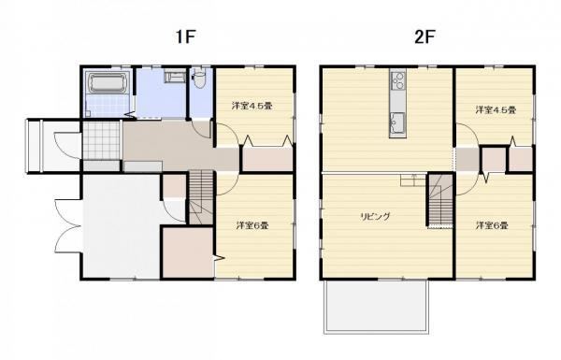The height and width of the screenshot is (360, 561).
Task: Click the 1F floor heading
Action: (x=186, y=36)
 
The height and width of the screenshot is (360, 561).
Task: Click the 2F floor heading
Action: (x=424, y=36)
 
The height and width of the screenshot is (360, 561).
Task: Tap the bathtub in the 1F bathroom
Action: (x=107, y=83)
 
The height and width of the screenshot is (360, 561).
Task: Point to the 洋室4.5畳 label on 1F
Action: (x=252, y=106)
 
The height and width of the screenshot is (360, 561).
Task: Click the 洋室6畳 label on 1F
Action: (x=252, y=225)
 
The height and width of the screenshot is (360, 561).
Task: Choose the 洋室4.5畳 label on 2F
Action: (x=496, y=109)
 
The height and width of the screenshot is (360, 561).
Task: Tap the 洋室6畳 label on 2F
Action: (x=492, y=225)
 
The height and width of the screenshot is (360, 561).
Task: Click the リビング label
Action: (x=375, y=217)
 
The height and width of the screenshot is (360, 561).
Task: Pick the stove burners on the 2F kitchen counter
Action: (x=398, y=80)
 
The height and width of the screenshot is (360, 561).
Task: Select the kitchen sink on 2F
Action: (x=397, y=123)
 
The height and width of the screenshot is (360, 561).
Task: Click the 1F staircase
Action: (x=201, y=197)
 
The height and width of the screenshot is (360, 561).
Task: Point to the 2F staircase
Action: (x=440, y=200)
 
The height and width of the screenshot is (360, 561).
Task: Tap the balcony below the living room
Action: (x=376, y=307)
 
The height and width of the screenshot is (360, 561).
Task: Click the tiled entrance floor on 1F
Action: (x=101, y=140)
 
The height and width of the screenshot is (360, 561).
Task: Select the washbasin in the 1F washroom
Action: (x=175, y=77)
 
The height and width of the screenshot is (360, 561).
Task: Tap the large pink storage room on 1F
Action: (x=188, y=252)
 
